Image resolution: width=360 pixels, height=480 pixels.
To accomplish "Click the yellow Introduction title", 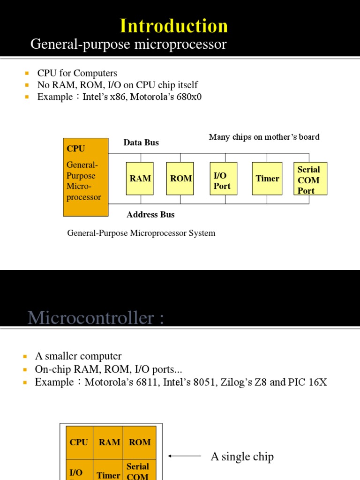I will click(x=174, y=26).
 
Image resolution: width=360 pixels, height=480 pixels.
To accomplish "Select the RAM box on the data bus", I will click(x=140, y=179).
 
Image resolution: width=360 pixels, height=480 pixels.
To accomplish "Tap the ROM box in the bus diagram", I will click(x=181, y=179).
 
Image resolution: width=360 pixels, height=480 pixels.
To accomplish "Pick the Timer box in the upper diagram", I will click(x=267, y=179).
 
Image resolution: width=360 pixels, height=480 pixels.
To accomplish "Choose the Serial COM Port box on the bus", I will click(x=309, y=180).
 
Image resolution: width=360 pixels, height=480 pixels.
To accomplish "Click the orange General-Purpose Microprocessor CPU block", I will click(x=85, y=177).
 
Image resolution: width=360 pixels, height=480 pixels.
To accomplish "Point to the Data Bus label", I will click(x=141, y=142).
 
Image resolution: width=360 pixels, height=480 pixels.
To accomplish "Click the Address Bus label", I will click(x=150, y=215).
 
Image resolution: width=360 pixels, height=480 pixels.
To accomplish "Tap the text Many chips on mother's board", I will click(x=264, y=137).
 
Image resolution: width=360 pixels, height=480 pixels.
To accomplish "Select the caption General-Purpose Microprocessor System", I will click(x=141, y=233).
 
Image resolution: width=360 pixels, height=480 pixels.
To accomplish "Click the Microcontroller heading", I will click(x=96, y=318).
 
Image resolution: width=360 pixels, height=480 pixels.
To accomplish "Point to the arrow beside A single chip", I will click(x=184, y=456).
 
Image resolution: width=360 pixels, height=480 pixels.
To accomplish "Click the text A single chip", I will click(x=242, y=457).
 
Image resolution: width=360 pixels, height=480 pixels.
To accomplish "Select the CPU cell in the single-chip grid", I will click(x=79, y=442).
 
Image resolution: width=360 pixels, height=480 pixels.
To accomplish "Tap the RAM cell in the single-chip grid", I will click(x=109, y=442).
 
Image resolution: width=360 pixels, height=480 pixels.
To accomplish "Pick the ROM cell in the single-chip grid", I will click(x=140, y=442).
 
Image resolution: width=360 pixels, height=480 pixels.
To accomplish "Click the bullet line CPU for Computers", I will click(x=77, y=73).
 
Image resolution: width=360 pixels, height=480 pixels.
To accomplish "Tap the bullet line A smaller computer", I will click(x=78, y=356).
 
